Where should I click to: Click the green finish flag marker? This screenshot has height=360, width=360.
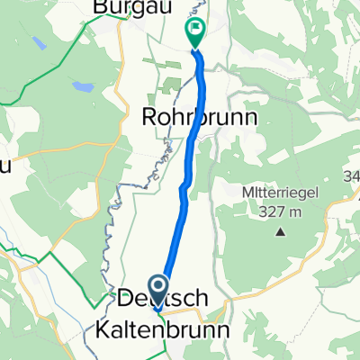coord(195,31)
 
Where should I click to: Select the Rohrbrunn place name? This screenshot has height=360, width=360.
coord(201,118)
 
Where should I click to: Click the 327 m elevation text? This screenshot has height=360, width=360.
coord(279,212)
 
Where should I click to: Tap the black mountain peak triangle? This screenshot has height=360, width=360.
coord(280,232)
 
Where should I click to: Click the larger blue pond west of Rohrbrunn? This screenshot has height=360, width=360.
coord(84,88)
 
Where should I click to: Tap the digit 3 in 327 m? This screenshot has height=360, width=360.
coord(255,212)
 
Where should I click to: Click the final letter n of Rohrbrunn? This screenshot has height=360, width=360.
coord(251,118)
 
